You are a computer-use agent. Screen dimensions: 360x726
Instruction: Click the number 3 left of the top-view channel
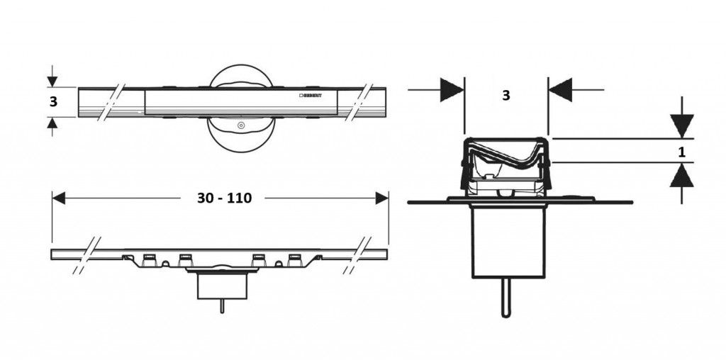click(53, 102)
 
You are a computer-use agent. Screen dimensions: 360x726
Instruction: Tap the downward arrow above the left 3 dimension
click(51, 81)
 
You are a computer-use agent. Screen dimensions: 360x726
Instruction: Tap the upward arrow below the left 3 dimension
click(51, 123)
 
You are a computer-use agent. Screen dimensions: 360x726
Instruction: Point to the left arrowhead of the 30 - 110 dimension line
click(58, 198)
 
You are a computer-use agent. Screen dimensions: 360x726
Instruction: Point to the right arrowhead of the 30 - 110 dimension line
click(383, 198)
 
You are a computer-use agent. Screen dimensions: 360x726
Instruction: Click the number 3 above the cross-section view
click(506, 96)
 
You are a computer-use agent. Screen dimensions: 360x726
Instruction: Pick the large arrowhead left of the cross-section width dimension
click(452, 90)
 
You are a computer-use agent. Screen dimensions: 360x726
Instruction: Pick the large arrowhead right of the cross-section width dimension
click(561, 90)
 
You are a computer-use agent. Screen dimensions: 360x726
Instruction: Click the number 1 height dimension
click(681, 150)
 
